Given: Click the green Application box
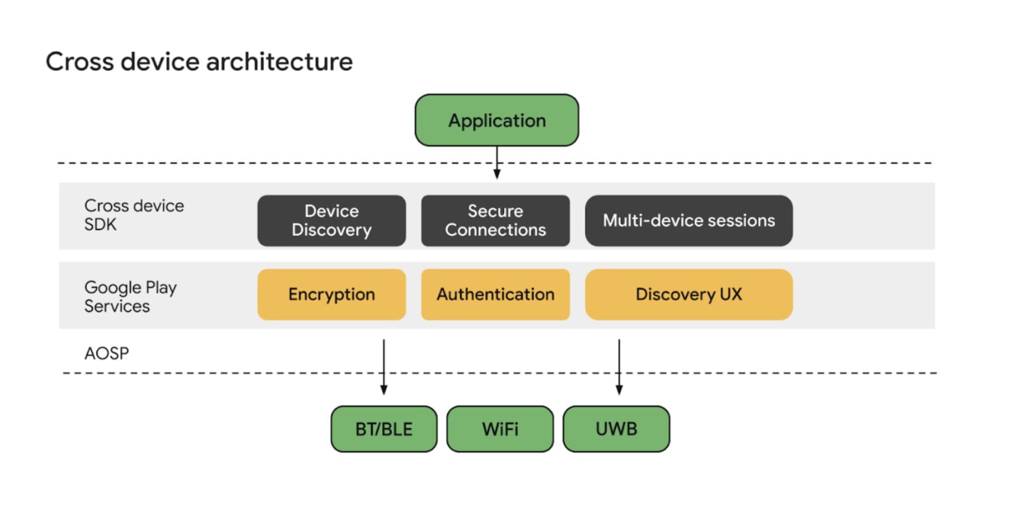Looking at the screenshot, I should pyautogui.click(x=497, y=120).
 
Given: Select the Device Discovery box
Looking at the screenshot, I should pyautogui.click(x=331, y=220).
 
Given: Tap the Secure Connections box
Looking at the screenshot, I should pyautogui.click(x=495, y=220).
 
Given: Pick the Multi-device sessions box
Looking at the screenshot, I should pyautogui.click(x=688, y=220).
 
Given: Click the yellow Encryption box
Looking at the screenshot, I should pyautogui.click(x=331, y=294).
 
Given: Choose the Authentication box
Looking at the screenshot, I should pyautogui.click(x=495, y=294).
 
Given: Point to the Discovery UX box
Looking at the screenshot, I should pyautogui.click(x=688, y=294).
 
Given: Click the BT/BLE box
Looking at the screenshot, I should pyautogui.click(x=384, y=429).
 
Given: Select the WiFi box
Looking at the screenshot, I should pyautogui.click(x=500, y=429).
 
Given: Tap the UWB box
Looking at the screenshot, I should pyautogui.click(x=616, y=429).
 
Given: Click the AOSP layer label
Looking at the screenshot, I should pyautogui.click(x=106, y=353).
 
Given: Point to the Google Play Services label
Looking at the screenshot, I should pyautogui.click(x=130, y=296).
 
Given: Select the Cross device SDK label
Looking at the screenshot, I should pyautogui.click(x=134, y=215).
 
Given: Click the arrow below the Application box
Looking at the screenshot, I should pyautogui.click(x=497, y=163).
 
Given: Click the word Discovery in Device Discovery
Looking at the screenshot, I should pyautogui.click(x=331, y=230).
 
